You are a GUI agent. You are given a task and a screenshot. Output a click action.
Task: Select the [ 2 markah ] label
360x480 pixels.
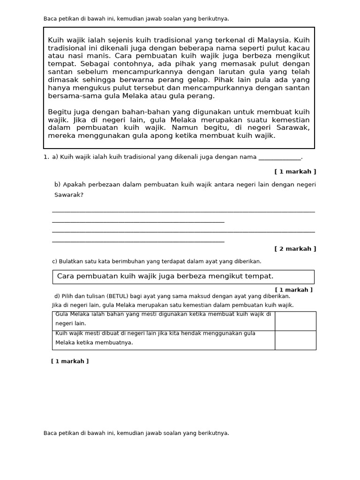(x=295, y=249)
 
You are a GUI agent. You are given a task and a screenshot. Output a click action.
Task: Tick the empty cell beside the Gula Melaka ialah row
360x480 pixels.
(x=295, y=321)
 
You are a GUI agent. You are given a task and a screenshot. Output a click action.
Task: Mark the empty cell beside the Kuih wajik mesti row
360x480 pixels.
(x=295, y=340)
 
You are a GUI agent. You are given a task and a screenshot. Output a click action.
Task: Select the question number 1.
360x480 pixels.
(x=45, y=157)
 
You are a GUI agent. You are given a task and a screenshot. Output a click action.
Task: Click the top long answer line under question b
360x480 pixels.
(x=183, y=212)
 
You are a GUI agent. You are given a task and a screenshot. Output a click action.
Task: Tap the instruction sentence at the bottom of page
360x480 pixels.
(x=136, y=433)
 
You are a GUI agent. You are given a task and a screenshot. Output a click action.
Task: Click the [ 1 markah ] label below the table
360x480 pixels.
(x=70, y=361)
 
